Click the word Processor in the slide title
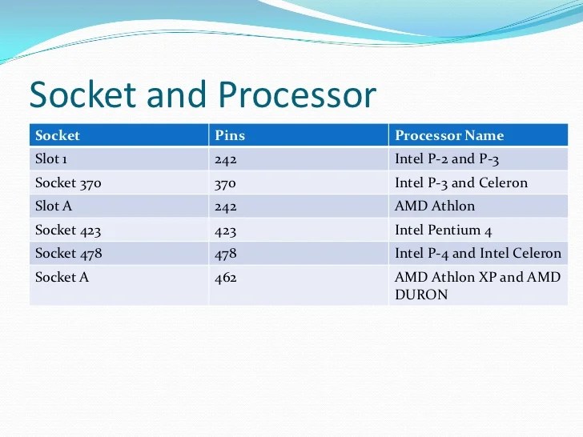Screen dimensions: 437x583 296,96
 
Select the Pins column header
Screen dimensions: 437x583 230,135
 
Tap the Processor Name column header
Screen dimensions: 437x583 449,135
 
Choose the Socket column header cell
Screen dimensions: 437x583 58,135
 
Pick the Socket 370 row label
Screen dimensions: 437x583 68,182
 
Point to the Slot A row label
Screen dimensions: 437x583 54,206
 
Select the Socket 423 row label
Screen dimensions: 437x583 68,231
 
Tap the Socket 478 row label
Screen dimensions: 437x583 68,254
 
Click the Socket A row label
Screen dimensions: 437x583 62,278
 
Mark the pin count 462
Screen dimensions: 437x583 227,278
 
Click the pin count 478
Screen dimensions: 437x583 227,254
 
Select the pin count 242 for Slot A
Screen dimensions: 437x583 227,206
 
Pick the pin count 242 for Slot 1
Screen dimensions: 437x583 227,158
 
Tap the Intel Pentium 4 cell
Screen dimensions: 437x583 443,231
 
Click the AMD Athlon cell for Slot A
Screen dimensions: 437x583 435,206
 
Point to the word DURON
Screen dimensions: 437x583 421,295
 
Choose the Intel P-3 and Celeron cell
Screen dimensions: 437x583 461,182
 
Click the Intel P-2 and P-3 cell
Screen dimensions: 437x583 447,158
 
